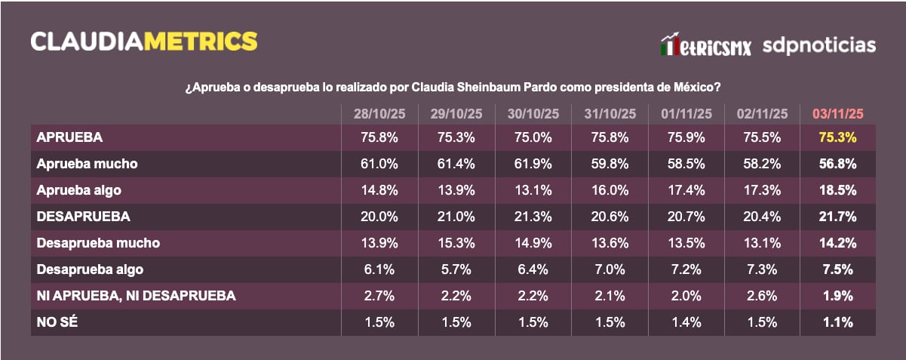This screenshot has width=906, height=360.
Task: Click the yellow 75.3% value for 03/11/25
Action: tap(837, 137)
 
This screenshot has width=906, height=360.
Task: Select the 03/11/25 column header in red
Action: tap(837, 113)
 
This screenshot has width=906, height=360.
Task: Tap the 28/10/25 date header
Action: tap(379, 113)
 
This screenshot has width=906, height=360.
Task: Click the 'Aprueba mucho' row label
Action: tap(87, 164)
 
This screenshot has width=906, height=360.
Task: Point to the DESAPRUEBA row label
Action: tap(83, 217)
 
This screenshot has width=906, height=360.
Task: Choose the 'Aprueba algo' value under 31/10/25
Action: tap(609, 190)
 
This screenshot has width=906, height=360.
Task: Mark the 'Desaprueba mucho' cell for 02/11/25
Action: tap(761, 243)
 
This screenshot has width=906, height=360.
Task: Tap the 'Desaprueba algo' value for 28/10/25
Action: tap(379, 269)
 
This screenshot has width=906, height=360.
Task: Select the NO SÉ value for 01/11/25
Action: tap(685, 322)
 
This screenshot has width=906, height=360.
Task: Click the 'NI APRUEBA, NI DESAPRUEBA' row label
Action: tap(136, 296)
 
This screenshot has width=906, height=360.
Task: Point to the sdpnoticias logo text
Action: tap(818, 45)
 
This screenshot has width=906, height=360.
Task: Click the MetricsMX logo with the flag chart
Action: tap(705, 45)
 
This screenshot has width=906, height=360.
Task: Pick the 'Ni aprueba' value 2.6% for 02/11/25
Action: tap(761, 296)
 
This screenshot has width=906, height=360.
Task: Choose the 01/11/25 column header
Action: tap(685, 113)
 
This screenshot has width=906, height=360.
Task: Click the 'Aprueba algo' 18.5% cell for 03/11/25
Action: tap(837, 190)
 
